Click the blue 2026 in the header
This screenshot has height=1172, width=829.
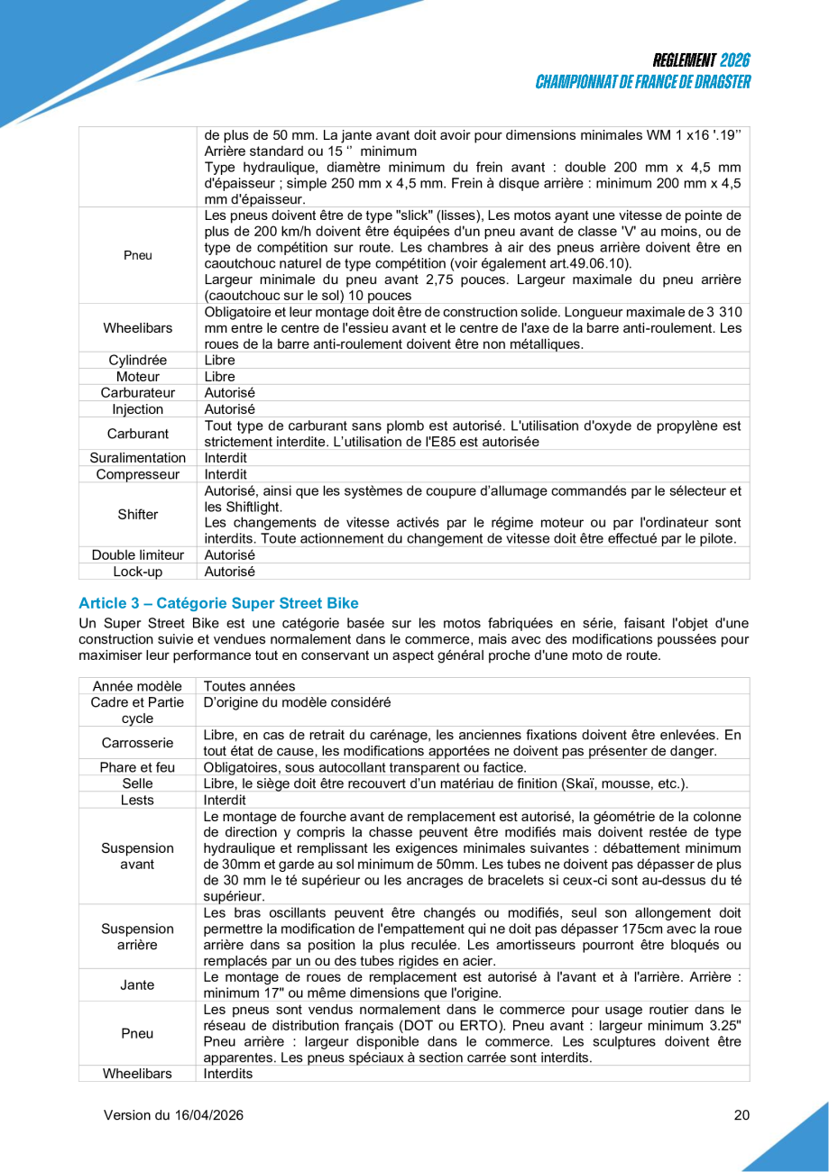735,61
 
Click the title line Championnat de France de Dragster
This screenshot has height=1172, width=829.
643,82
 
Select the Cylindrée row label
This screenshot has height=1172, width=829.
137,360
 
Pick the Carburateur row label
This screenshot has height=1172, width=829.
137,393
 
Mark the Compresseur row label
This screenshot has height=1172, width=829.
137,474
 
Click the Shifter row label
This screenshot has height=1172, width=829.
137,515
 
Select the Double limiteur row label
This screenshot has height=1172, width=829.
137,555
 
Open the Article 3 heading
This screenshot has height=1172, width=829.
206,602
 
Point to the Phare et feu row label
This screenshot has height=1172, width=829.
137,767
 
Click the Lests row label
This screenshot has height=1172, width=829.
137,800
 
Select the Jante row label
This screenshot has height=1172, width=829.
137,984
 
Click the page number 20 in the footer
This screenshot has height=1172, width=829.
741,1115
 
